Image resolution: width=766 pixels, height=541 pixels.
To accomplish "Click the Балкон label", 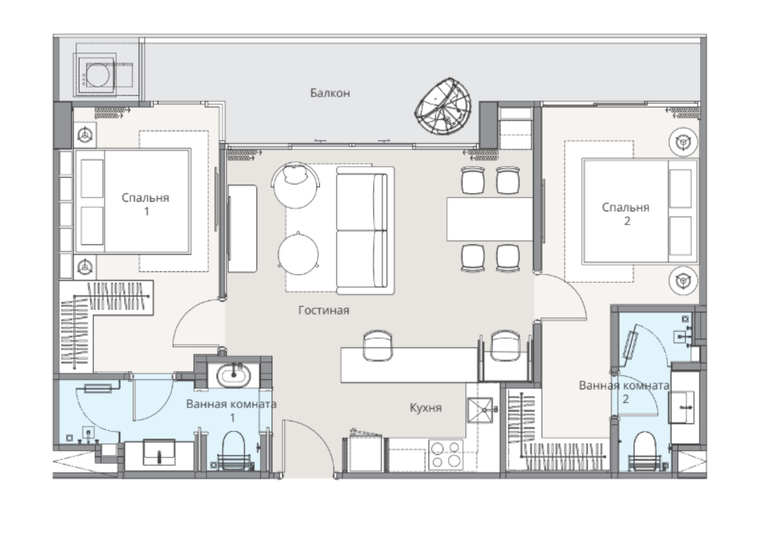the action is [x=330, y=93].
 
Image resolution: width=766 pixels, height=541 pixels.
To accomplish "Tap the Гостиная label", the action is [x=324, y=310].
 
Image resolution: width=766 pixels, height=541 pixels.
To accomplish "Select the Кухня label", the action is [x=426, y=407].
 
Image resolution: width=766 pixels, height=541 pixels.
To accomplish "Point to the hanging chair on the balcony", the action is [x=443, y=106].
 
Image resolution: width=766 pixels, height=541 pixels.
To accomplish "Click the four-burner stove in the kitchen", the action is [x=445, y=454].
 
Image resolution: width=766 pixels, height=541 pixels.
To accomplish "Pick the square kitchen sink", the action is [x=481, y=410].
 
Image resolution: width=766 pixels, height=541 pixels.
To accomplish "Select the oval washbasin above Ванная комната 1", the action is [x=233, y=376].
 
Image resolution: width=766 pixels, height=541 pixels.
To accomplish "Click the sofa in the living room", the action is [x=365, y=231].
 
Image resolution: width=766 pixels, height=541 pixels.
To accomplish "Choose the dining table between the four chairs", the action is [x=490, y=219].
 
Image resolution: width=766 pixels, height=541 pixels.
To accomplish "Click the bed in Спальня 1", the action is [x=133, y=201].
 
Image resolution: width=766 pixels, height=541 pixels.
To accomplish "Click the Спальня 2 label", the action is [x=626, y=214].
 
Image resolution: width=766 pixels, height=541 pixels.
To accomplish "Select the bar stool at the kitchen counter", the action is [x=378, y=345].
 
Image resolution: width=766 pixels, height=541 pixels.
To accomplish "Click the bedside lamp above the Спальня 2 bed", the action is [x=683, y=142].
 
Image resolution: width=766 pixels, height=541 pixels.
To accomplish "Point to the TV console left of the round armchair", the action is [x=242, y=229].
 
